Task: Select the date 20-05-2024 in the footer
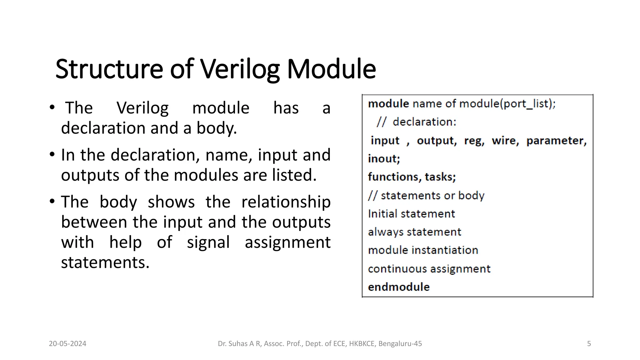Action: click(x=67, y=344)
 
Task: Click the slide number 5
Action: click(x=589, y=344)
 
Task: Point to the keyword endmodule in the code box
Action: click(x=399, y=287)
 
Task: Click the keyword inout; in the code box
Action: click(x=384, y=159)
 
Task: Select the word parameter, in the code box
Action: click(x=557, y=141)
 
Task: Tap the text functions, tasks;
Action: click(x=412, y=177)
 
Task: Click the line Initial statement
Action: click(x=411, y=214)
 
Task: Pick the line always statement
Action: click(x=414, y=232)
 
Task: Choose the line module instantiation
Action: click(x=423, y=250)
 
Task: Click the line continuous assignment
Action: click(x=429, y=269)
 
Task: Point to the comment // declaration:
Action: click(x=417, y=122)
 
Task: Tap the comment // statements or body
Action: click(x=426, y=196)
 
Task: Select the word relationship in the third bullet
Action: click(x=286, y=202)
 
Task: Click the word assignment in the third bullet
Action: click(x=287, y=242)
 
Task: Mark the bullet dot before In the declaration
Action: click(x=52, y=154)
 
